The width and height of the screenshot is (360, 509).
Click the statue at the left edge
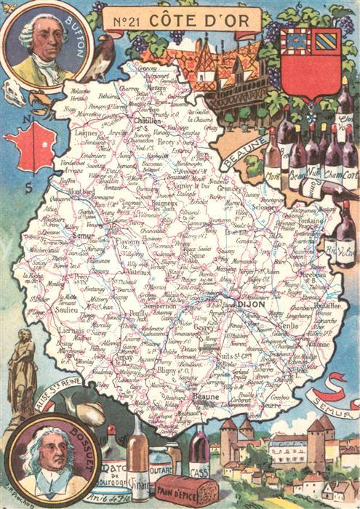point(22,371)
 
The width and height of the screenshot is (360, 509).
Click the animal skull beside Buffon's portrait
point(14,91)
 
